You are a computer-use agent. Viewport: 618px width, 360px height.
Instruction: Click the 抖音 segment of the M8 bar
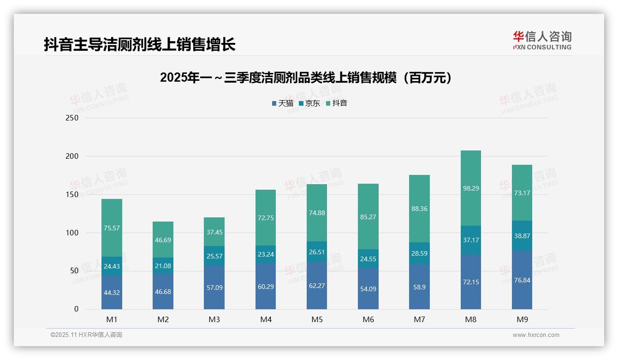pyautogui.click(x=470, y=188)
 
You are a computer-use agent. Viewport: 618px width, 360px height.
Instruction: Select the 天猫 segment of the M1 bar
pyautogui.click(x=112, y=292)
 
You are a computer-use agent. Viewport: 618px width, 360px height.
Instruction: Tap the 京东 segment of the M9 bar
pyautogui.click(x=522, y=235)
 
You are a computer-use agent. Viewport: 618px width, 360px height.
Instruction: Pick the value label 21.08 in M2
pyautogui.click(x=163, y=265)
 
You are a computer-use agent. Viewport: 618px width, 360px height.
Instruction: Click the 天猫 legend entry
pyautogui.click(x=282, y=103)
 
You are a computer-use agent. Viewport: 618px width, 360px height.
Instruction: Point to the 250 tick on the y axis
pyautogui.click(x=72, y=118)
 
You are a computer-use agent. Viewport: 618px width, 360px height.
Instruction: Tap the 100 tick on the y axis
pyautogui.click(x=72, y=233)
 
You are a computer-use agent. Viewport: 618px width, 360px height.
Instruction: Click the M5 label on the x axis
pyautogui.click(x=317, y=319)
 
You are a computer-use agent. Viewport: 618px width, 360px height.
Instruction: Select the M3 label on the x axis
pyautogui.click(x=214, y=319)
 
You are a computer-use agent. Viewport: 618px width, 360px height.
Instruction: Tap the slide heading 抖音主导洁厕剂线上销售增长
pyautogui.click(x=140, y=44)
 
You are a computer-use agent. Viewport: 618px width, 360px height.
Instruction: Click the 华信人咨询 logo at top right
pyautogui.click(x=542, y=40)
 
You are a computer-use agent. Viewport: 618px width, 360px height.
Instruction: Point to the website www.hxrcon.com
pyautogui.click(x=536, y=335)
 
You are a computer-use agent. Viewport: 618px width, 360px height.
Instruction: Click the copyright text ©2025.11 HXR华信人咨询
pyautogui.click(x=86, y=335)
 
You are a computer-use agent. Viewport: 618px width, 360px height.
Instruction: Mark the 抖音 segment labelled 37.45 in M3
pyautogui.click(x=214, y=232)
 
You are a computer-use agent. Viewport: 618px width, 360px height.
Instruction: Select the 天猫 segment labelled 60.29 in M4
pyautogui.click(x=266, y=286)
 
